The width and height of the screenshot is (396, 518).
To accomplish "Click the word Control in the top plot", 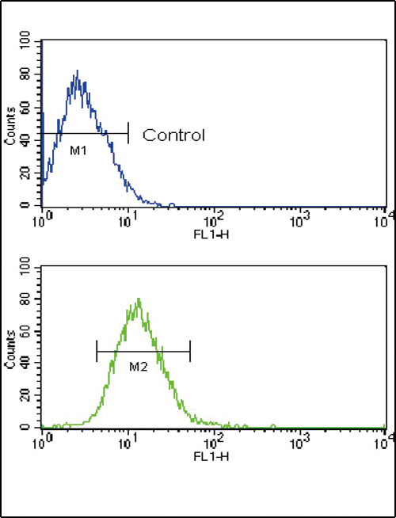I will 173,135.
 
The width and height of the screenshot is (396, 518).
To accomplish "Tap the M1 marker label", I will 78,149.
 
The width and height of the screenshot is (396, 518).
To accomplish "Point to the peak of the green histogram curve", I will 139,299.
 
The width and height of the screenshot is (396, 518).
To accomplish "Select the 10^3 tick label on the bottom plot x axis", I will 299,444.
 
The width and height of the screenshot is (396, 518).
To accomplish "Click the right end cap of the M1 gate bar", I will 128,133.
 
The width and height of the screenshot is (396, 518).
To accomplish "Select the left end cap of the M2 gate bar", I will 97,351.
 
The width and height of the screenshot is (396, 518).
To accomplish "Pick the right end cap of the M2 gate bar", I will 190,351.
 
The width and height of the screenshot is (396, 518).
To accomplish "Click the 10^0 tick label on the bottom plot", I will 43,444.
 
